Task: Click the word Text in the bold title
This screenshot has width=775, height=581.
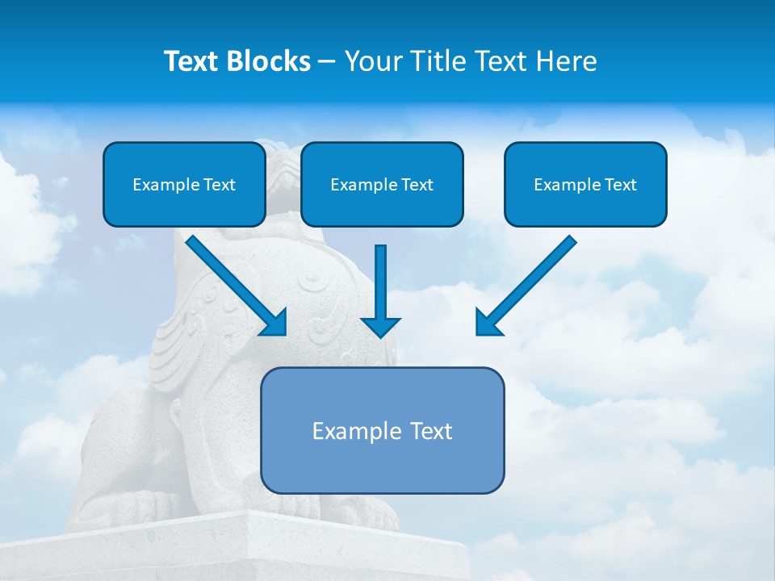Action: [191, 61]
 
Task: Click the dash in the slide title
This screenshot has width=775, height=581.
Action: [327, 62]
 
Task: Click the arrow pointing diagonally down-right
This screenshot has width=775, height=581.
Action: [234, 284]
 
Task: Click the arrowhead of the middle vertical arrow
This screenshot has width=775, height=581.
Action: [380, 326]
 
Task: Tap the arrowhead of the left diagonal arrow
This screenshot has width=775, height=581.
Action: [274, 323]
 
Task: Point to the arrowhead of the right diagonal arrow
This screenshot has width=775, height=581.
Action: [487, 323]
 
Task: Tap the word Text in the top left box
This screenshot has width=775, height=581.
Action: [219, 185]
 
